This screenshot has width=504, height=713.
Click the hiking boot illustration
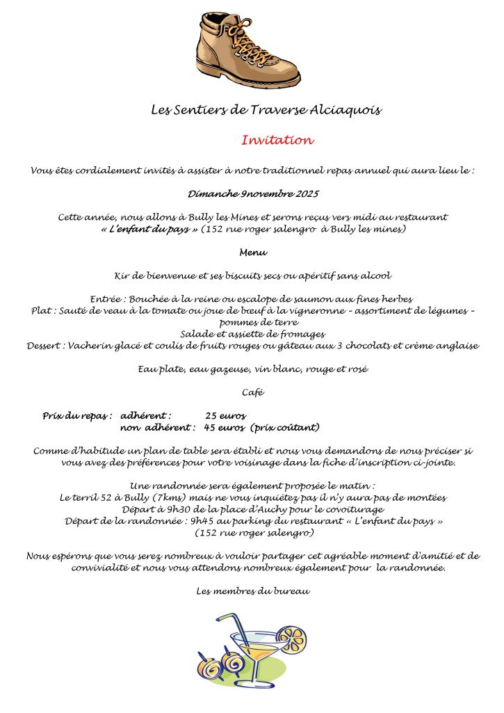click(247, 49)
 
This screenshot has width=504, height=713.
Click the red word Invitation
click(277, 141)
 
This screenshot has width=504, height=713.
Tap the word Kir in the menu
click(120, 275)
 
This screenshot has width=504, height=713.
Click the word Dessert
click(44, 346)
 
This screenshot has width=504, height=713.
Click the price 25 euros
click(225, 415)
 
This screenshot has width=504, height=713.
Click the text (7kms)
click(173, 497)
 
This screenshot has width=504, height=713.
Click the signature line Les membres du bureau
click(252, 592)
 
